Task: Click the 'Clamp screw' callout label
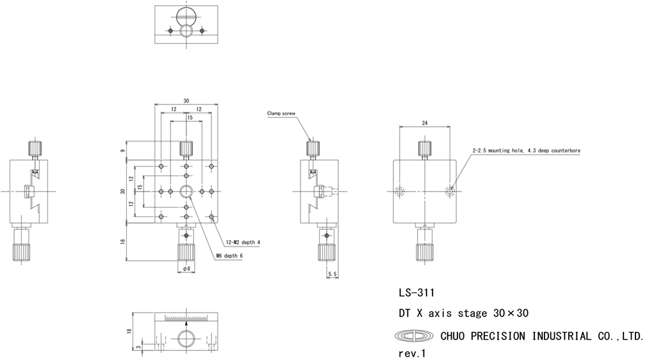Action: coord(282,114)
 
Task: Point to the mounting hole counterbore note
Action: coord(526,151)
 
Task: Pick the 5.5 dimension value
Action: coord(332,274)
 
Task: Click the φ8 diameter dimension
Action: coord(186,269)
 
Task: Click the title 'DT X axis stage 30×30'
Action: coord(463,313)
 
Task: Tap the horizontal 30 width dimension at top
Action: coord(186,101)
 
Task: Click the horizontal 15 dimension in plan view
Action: coord(190,118)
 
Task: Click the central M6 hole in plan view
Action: coord(186,191)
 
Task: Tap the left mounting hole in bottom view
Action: coord(400,191)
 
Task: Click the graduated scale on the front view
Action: coord(186,317)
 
